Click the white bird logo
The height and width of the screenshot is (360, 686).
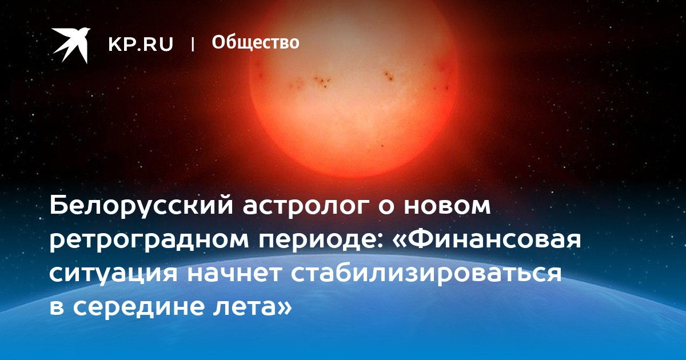(71, 45)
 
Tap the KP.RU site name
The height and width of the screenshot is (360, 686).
(141, 44)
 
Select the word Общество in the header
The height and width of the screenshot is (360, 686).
(256, 42)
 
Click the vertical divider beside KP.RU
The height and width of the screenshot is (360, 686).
(193, 44)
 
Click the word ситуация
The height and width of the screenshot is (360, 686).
(113, 274)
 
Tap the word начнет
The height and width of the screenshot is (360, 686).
(234, 273)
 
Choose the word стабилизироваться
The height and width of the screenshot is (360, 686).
(426, 273)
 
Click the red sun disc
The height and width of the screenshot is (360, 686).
(354, 89)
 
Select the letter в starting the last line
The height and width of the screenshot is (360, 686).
(57, 307)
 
